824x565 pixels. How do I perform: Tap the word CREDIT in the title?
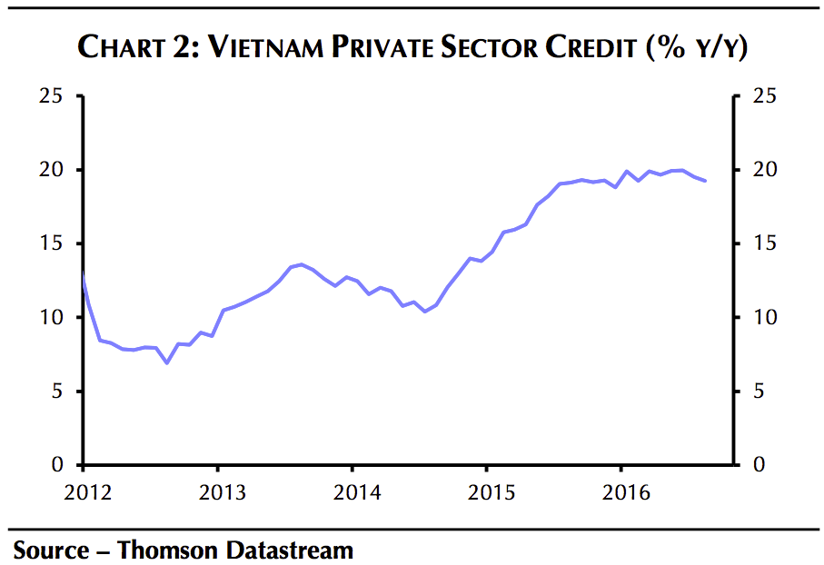click(591, 48)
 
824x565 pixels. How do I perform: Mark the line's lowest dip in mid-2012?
click(166, 363)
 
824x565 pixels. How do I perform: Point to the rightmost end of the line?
click(706, 181)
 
